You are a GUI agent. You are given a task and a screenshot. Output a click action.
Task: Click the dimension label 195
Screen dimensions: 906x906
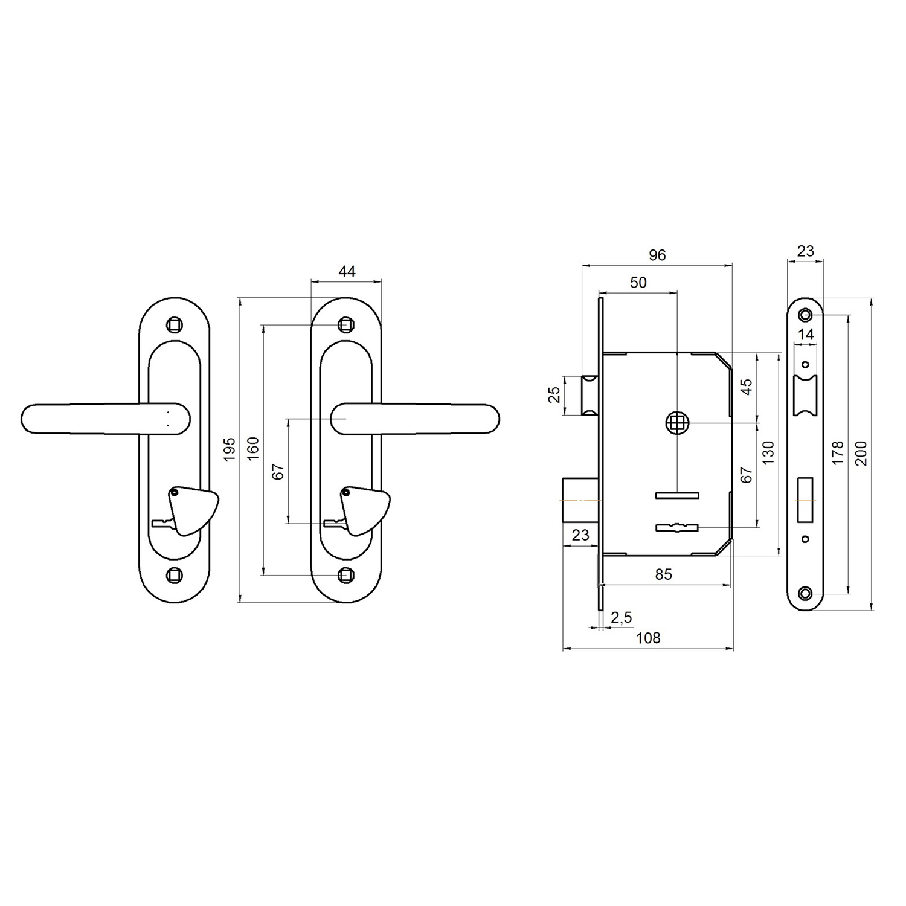[230, 449]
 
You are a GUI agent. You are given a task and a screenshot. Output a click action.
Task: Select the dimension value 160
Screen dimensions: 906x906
[253, 448]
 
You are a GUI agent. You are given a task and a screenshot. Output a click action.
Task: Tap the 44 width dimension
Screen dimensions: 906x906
[347, 271]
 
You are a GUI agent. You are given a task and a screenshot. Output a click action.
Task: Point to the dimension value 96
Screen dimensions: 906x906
[657, 255]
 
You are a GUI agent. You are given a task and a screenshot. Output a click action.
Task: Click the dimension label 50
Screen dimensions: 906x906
[638, 282]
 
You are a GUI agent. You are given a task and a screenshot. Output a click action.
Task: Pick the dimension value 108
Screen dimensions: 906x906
[648, 638]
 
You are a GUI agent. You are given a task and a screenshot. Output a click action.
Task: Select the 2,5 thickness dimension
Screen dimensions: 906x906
[621, 617]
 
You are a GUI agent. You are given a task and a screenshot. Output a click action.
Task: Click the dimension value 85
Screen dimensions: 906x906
[663, 574]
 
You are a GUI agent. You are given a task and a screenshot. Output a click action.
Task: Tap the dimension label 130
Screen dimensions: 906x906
[768, 452]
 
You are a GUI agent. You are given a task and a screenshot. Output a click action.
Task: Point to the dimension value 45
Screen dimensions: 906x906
[747, 387]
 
